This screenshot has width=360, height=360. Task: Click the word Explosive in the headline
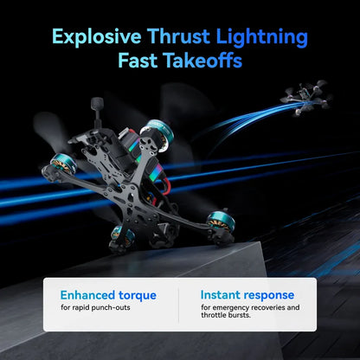click(x=97, y=37)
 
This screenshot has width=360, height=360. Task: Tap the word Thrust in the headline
click(x=178, y=36)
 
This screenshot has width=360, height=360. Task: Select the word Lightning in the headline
click(x=261, y=37)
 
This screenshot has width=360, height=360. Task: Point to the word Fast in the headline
click(x=138, y=61)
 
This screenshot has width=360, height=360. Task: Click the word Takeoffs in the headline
click(x=202, y=61)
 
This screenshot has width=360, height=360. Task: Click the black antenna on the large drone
click(x=97, y=111)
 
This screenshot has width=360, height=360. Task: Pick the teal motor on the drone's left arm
click(x=63, y=164)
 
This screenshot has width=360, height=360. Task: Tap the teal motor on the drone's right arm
click(x=221, y=222)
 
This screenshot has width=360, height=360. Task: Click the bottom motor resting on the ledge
click(x=123, y=238)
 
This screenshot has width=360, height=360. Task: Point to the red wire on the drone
click(x=164, y=185)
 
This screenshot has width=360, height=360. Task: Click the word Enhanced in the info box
click(x=87, y=295)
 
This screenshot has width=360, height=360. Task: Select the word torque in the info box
click(x=138, y=296)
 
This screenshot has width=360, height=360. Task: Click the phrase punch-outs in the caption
click(x=111, y=308)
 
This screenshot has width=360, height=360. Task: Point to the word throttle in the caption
click(x=212, y=315)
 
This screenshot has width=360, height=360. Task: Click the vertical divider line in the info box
click(x=178, y=305)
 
